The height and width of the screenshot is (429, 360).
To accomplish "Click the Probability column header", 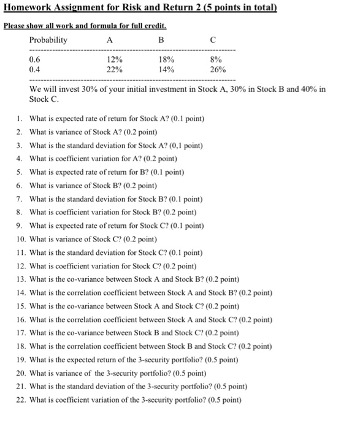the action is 48,40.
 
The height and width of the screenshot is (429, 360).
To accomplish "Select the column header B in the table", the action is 161,40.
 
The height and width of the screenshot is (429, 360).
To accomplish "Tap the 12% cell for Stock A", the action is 114,59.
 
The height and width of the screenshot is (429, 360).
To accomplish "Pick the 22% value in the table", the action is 114,70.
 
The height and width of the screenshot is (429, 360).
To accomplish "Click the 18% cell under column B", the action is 166,59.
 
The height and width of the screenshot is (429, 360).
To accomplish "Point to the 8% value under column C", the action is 215,59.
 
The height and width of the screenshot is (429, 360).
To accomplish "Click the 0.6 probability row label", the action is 36,59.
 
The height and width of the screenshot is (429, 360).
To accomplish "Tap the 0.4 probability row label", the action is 36,70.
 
